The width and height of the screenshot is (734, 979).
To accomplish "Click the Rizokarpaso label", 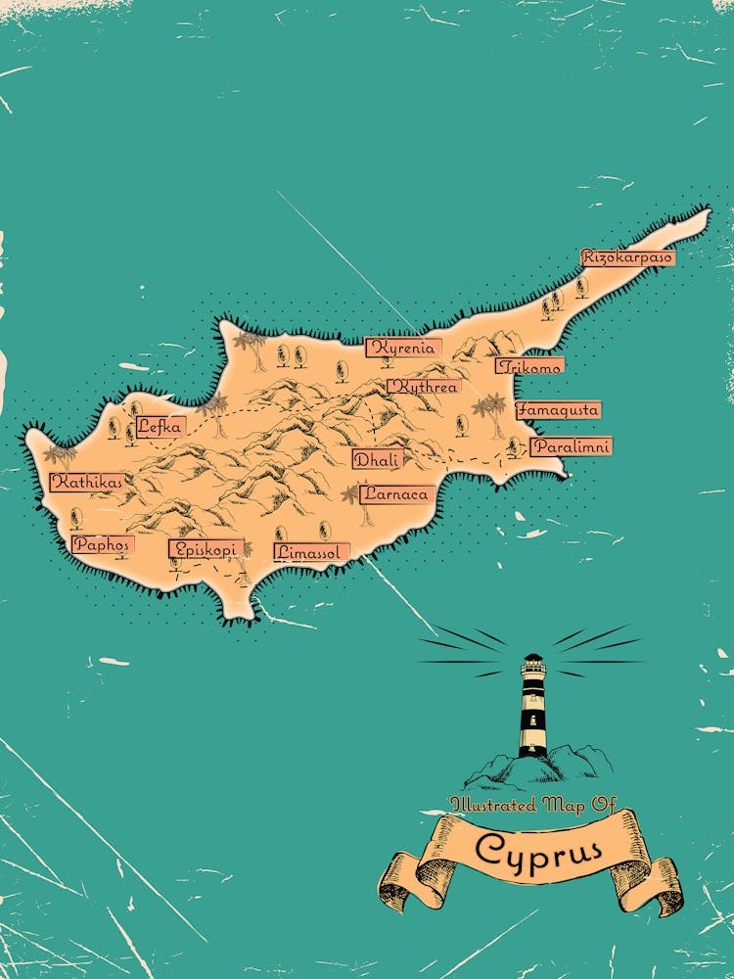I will click(627, 257).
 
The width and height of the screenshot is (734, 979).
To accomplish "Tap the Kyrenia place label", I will click(403, 348).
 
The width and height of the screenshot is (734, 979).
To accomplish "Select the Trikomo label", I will click(529, 366).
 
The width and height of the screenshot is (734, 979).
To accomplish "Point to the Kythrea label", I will click(423, 387).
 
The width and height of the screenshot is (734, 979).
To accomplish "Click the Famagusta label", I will click(558, 410).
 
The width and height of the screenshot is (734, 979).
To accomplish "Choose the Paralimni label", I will click(571, 446).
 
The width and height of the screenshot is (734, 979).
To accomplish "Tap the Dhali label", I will click(377, 459).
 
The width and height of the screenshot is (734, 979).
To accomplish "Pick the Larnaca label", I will click(396, 494).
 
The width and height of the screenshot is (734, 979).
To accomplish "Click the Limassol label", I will click(310, 552).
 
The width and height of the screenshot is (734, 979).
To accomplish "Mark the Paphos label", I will click(101, 544).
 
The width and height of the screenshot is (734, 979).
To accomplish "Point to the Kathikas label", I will click(87, 482).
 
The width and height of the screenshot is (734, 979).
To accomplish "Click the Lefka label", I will click(160, 426).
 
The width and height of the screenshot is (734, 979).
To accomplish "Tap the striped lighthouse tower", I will click(532, 705).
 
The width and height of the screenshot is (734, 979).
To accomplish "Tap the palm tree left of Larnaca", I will click(350, 496).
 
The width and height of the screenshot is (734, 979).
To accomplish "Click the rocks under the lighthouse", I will click(533, 769).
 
